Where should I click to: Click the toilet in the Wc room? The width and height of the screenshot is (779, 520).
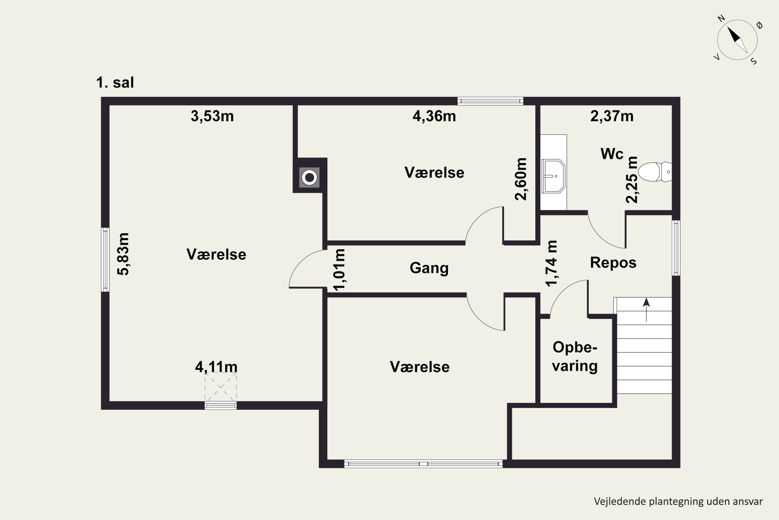coord(655,172)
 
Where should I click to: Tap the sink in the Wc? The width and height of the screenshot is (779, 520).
coord(553,176)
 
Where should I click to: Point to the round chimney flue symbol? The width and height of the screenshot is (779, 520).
coord(309,177)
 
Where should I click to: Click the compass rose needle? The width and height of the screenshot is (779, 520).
coord(737,40)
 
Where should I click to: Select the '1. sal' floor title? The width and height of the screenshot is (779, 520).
coord(115,82)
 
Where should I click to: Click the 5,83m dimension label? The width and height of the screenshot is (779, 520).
coord(123,254)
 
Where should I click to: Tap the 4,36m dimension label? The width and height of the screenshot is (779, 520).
coord(434,116)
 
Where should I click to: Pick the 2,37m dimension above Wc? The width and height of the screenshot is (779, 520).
coord(612,116)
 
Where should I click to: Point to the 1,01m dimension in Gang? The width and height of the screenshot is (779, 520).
coord(339,270)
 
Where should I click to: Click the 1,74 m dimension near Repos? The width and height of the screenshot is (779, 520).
coord(552,263)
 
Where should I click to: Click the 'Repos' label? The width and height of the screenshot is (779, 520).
coord(613,263)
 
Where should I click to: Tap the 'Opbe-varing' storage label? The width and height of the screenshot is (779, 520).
coord(575,356)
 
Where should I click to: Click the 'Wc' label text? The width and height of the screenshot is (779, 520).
coord(612,154)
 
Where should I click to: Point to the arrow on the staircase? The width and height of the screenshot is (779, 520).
coord(646,310)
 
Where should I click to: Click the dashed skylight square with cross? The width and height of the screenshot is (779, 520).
coord(220,386)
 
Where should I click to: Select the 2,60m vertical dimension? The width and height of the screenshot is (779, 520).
coord(521,179)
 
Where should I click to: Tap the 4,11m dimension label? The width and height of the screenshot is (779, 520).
coord(216,367)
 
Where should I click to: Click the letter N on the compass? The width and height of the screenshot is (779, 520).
coord(721,18)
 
